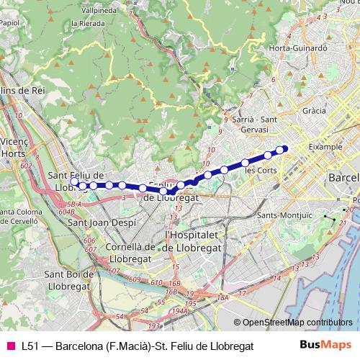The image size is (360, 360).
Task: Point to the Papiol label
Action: pyautogui.click(x=10, y=22)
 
